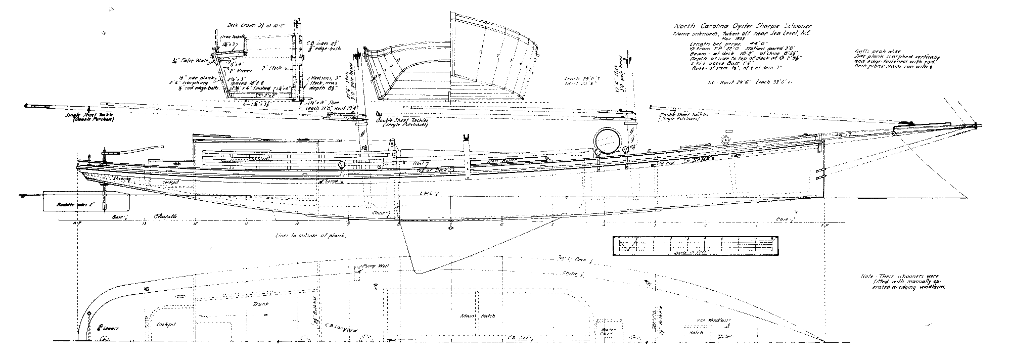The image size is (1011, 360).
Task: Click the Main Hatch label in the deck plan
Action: coord(471,317)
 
